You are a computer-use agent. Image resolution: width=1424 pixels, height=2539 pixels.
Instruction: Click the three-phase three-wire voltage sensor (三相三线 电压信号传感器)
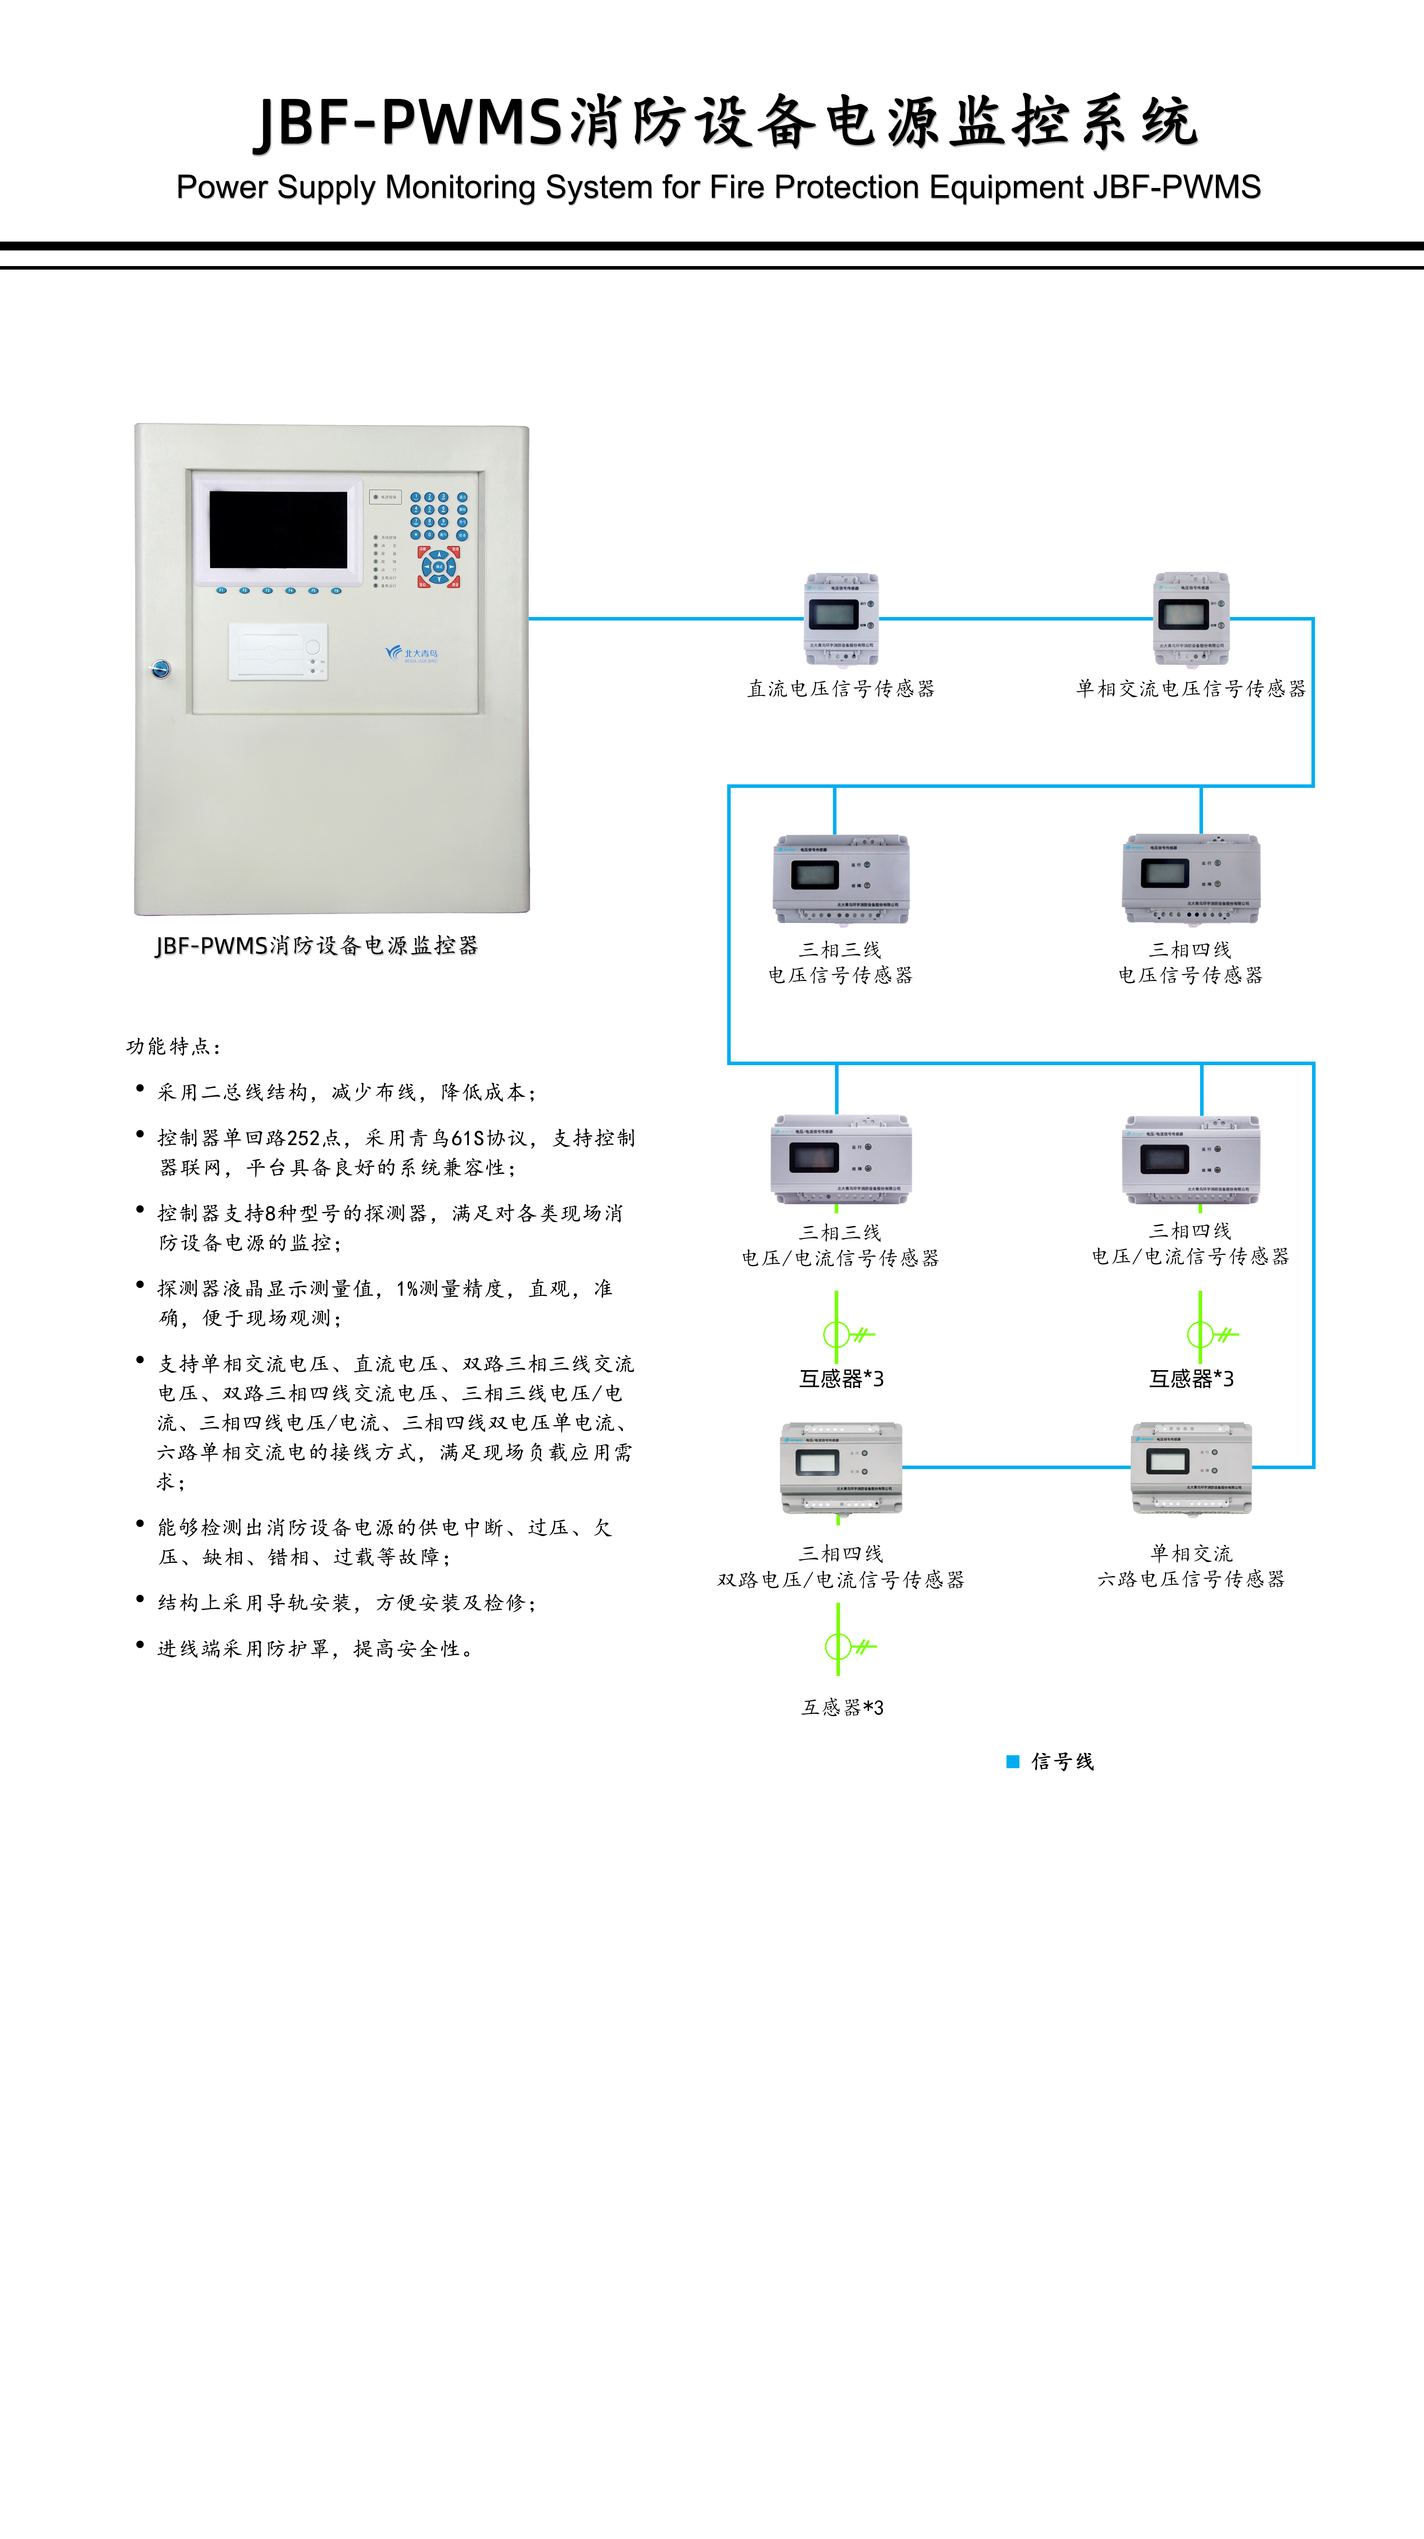(841, 879)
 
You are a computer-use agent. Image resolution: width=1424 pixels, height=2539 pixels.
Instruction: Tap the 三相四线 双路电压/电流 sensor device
(841, 1468)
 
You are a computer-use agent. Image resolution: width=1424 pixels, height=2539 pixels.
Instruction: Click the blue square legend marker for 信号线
(1012, 1761)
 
